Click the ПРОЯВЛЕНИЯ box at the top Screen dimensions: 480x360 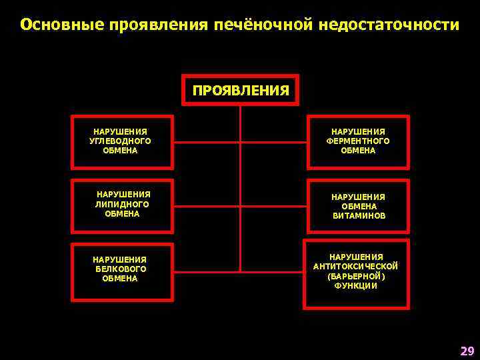[241, 90]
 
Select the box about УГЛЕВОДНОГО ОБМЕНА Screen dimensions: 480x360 [123, 141]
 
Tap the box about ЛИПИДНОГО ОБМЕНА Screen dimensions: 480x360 [123, 205]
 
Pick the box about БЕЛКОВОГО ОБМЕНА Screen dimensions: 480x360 [120, 269]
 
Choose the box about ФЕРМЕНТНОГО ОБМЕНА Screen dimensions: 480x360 [358, 141]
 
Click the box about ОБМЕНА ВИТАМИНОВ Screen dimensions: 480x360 [358, 206]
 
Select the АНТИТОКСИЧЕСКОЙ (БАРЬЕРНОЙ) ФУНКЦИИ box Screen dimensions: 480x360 [356, 273]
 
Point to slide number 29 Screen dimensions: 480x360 [467, 351]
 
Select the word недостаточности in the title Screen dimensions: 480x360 [389, 25]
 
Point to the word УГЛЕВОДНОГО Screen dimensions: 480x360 [120, 141]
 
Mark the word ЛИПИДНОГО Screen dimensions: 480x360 [123, 205]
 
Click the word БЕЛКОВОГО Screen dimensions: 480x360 [120, 269]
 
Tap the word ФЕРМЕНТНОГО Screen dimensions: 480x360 [358, 141]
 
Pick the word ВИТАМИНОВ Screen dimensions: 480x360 [358, 216]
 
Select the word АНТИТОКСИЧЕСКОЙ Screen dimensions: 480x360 [356, 267]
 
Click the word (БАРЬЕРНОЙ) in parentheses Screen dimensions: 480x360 [356, 276]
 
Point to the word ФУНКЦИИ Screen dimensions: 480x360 [356, 286]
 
